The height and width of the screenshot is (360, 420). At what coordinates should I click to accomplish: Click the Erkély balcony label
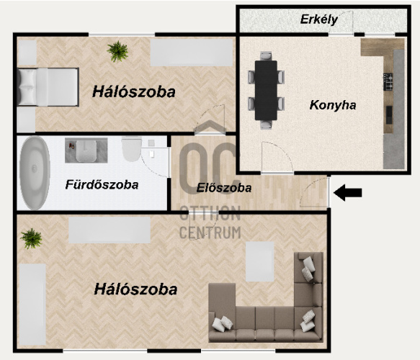(318, 19)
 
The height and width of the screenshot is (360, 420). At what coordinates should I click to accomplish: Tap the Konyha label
(333, 105)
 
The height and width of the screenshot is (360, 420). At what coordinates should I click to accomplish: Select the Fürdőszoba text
(102, 185)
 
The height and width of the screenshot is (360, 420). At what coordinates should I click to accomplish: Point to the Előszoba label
(224, 188)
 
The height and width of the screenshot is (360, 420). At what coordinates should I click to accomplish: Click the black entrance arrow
(348, 192)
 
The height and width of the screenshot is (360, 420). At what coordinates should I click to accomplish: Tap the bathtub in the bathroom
(35, 174)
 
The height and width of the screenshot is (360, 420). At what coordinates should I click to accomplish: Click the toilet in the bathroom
(132, 149)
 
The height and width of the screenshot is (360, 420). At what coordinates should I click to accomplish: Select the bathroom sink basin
(86, 151)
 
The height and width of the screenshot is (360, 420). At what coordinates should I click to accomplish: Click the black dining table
(266, 91)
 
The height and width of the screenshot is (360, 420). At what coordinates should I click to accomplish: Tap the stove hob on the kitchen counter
(388, 81)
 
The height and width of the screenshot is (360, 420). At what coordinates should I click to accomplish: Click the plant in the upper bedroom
(117, 51)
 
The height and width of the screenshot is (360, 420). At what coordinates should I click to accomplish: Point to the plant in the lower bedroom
(32, 238)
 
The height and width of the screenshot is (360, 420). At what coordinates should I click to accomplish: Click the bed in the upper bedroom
(48, 87)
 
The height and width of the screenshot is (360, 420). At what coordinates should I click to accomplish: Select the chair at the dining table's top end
(266, 55)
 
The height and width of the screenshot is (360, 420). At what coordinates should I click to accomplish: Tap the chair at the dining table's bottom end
(266, 125)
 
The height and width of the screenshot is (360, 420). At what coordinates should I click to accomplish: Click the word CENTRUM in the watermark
(210, 233)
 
